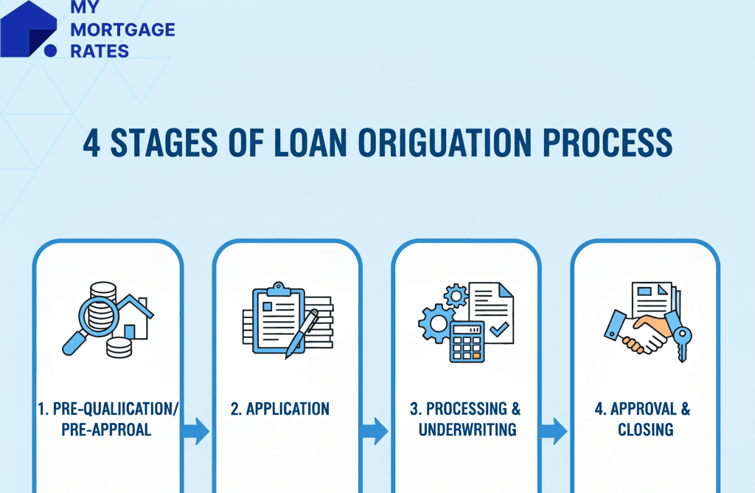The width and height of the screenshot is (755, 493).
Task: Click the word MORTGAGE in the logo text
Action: click(x=123, y=30)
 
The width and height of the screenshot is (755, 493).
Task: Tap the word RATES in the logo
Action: click(x=100, y=51)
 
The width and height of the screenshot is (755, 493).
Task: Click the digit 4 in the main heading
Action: click(x=91, y=143)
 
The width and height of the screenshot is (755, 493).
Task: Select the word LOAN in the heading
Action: click(x=310, y=143)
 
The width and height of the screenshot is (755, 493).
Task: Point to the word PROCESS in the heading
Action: click(x=608, y=143)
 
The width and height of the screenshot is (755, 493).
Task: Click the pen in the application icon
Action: click(x=302, y=334)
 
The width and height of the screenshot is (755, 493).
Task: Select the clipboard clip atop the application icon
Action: click(x=279, y=289)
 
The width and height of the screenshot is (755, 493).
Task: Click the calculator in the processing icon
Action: click(x=467, y=342)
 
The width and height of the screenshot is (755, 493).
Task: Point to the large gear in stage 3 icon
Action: click(x=436, y=324)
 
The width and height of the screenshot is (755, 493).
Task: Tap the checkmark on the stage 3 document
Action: click(x=499, y=330)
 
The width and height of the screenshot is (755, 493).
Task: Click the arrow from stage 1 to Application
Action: click(x=195, y=431)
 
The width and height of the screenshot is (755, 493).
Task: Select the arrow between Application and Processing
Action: click(x=375, y=431)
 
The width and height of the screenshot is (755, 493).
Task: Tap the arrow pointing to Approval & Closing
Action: click(x=554, y=431)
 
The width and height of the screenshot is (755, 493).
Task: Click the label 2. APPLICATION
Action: click(x=279, y=409)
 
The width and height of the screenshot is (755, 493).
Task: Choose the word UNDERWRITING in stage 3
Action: click(x=467, y=430)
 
